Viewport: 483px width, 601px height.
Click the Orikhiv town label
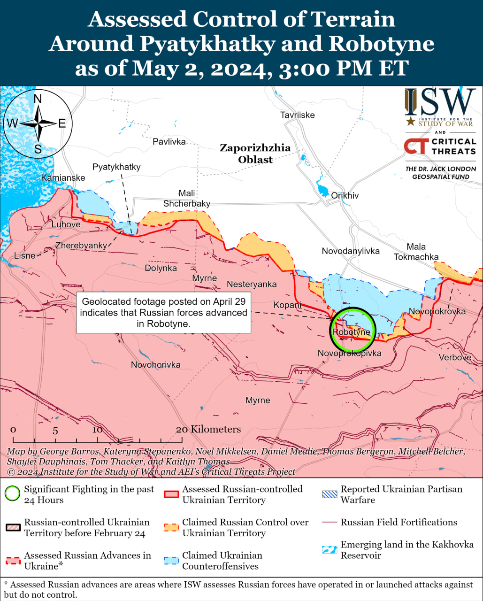[x=345, y=195]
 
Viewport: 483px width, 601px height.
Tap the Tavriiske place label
[x=297, y=115]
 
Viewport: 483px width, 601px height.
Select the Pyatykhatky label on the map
[x=116, y=167]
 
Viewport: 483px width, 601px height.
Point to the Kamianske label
[x=63, y=178]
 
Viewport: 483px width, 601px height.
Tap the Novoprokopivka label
[x=349, y=353]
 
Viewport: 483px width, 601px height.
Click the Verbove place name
[x=454, y=357]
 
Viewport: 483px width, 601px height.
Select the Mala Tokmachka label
[x=416, y=252]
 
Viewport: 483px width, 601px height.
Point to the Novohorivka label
[x=155, y=365]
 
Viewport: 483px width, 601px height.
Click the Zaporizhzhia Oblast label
[x=255, y=154]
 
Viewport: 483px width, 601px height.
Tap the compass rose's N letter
[x=38, y=99]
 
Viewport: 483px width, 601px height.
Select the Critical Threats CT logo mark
[x=415, y=146]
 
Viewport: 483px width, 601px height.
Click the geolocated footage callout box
[x=163, y=313]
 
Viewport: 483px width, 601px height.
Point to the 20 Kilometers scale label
[x=208, y=429]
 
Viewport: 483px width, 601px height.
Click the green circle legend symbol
[x=13, y=494]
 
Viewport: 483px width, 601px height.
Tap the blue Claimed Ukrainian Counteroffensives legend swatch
[x=171, y=560]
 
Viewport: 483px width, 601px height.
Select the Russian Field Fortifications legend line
[x=330, y=523]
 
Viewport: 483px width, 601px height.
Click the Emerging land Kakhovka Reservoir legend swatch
[x=330, y=549]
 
